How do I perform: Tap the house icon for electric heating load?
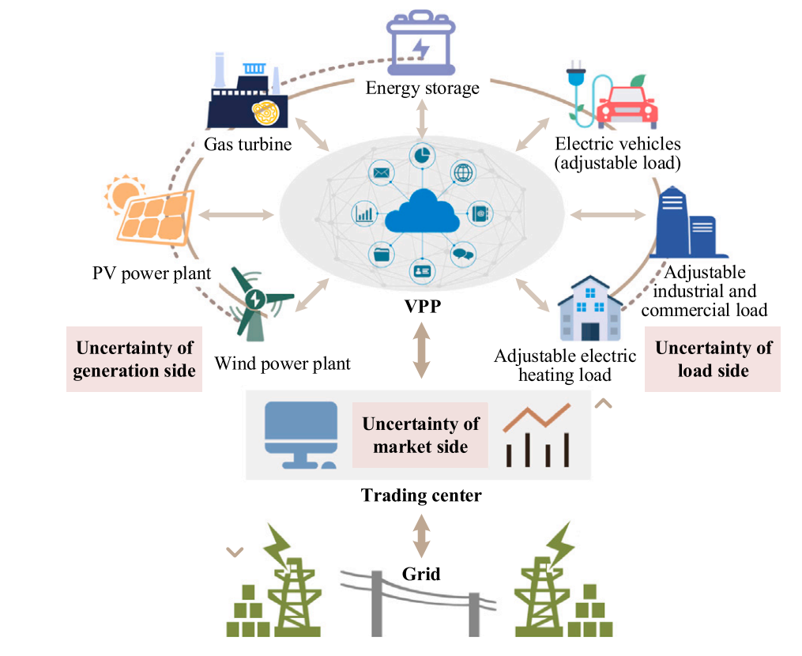[x=588, y=309]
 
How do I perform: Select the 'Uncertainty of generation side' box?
[x=134, y=359]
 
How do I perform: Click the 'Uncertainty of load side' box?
[x=713, y=359]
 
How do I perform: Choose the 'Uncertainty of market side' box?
[x=420, y=435]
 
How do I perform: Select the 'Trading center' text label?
[x=421, y=496]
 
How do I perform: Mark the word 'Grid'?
[x=421, y=573]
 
